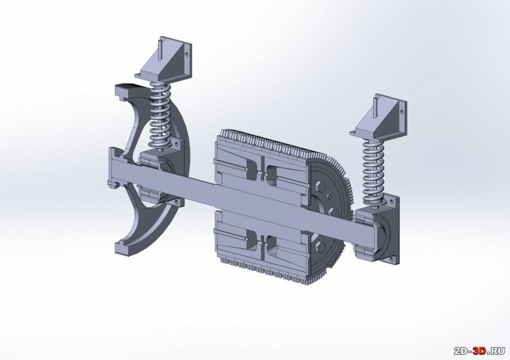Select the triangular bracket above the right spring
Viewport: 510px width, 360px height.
tap(379, 118)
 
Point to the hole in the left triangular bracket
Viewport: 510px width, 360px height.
tap(187, 54)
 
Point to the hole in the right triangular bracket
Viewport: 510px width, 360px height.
tap(401, 112)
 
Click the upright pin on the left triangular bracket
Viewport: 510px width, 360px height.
tap(161, 50)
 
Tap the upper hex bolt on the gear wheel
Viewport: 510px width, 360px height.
tap(319, 186)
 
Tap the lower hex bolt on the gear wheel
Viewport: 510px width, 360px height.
tap(319, 247)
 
